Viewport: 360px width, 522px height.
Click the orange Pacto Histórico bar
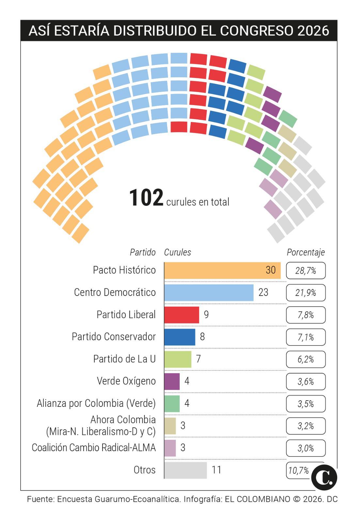coord(222,270)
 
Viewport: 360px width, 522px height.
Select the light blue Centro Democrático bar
coord(209,293)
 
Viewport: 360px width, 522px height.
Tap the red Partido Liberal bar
coord(181,315)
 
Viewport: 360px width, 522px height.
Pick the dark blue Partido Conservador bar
coord(180,337)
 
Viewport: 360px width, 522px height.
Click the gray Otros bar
coord(185,470)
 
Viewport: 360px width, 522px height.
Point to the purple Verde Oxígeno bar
coord(172,381)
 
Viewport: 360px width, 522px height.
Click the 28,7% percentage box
coord(306,270)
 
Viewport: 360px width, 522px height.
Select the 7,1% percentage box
coord(306,337)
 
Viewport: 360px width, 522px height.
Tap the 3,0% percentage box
coord(306,448)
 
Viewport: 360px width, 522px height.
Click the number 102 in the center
coord(146,198)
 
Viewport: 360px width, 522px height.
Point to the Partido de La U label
coord(124,359)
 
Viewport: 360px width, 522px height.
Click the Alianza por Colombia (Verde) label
coord(96,403)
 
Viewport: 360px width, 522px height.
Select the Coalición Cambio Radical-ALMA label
coord(94,448)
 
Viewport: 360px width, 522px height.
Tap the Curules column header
coord(178,252)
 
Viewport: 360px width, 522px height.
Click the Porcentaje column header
coord(305,252)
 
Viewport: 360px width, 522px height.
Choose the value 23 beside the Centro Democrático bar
coord(263,292)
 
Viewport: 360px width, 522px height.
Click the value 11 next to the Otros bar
coord(216,470)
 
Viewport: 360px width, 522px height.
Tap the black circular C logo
coord(324,478)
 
